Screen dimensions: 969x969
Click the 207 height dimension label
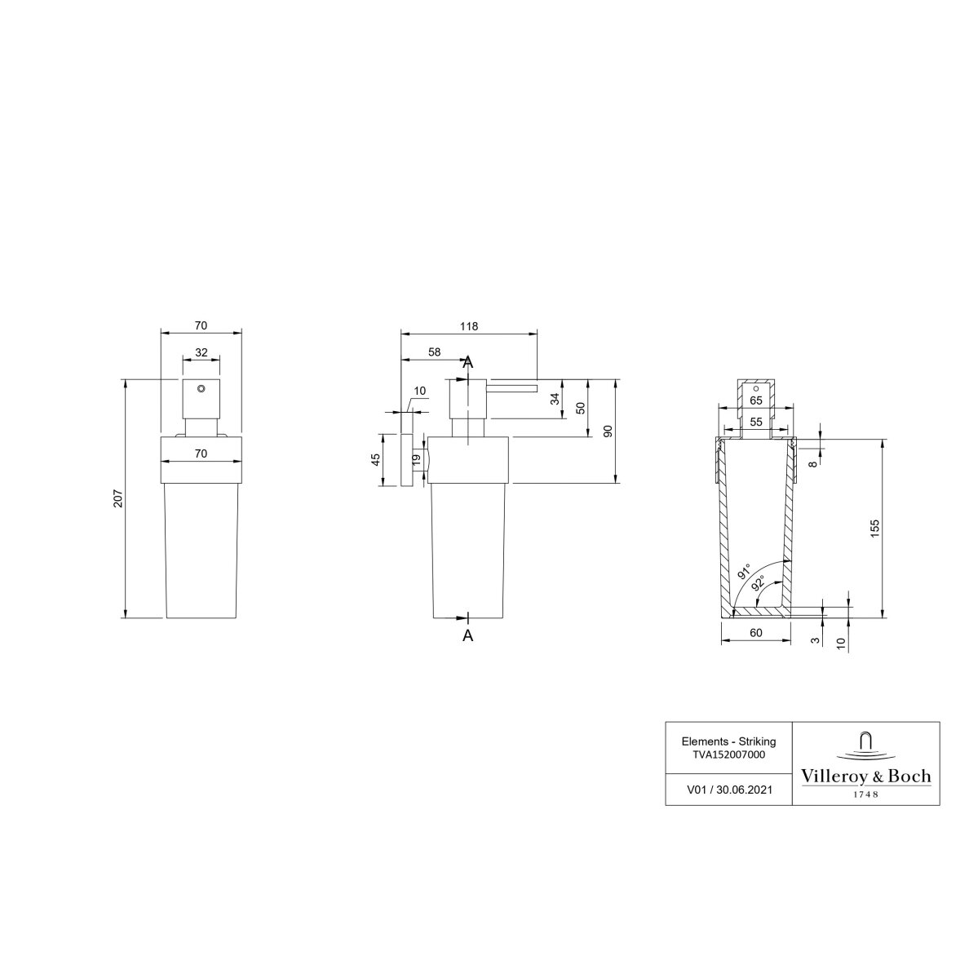(118, 498)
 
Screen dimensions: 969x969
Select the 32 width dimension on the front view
(201, 353)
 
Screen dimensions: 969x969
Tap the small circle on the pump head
(201, 389)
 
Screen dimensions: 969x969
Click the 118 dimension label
(469, 326)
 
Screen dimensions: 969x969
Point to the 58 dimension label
(435, 352)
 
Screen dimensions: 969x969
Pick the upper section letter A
(468, 363)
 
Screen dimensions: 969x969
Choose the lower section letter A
(468, 635)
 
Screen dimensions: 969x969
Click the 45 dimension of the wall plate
(376, 460)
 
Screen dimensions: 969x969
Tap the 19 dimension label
(417, 460)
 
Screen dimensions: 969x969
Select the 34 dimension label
(555, 399)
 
